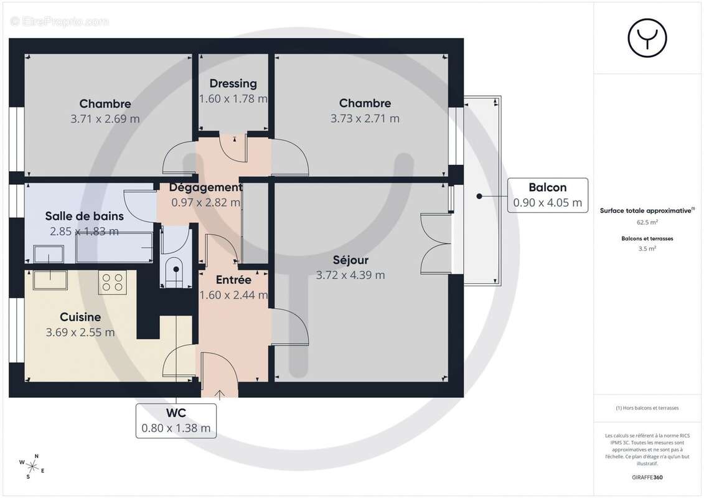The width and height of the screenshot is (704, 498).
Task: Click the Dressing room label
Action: coord(233,83)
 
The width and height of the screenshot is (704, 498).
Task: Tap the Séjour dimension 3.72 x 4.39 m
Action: coord(350,275)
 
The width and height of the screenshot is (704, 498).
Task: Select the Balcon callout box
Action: coord(548,195)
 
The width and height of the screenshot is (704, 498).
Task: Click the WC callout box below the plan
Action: coord(176,420)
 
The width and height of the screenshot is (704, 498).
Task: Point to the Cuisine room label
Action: coord(80,317)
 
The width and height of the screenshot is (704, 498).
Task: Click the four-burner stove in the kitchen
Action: coord(113,283)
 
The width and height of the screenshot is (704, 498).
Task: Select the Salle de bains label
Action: coord(84,216)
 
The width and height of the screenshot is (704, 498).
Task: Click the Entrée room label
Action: coord(233,280)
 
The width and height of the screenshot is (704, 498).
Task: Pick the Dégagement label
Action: coord(205,187)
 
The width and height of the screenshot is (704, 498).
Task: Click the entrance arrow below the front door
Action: coord(220,393)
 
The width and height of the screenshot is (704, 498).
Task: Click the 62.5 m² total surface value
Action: coord(647,222)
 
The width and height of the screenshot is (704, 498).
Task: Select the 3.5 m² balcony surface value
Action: coord(647,248)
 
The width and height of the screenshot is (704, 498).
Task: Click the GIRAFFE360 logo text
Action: coord(647,477)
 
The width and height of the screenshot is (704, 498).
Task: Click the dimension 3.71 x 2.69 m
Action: coord(105,118)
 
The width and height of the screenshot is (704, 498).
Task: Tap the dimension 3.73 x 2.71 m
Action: coord(365,118)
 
